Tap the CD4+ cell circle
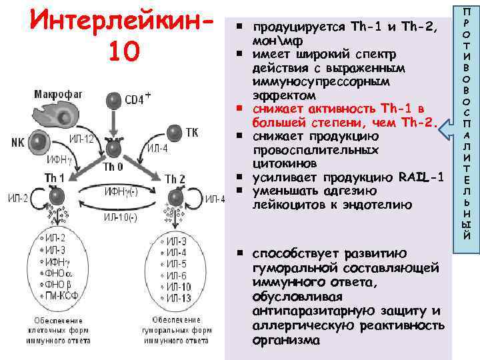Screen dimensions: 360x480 coord(115,101)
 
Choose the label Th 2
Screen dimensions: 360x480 coord(175,179)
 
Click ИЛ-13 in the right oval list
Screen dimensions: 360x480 coord(173,297)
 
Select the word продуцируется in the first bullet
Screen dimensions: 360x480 coord(297,26)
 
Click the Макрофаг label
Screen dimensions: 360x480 coord(59,95)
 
